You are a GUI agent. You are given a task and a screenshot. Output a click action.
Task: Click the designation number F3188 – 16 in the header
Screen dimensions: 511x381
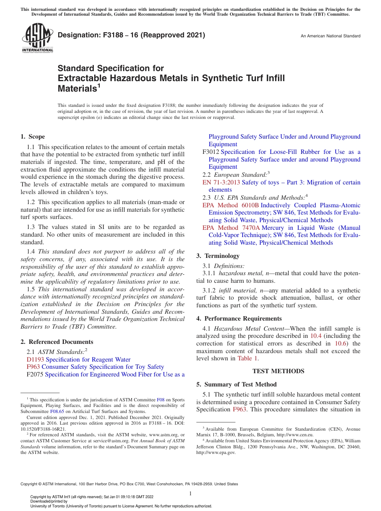coord(132,35)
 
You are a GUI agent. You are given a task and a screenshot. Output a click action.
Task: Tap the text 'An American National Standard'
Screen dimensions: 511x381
coord(330,36)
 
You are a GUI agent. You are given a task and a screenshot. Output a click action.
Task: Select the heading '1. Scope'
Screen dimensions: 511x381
coord(33,137)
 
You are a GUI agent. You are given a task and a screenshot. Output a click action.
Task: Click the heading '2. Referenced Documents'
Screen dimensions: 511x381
coord(57,342)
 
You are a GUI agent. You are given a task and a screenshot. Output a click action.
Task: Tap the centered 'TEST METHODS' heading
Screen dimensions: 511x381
coord(278,371)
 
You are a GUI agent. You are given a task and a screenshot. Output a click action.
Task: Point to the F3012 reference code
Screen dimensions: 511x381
coord(211,152)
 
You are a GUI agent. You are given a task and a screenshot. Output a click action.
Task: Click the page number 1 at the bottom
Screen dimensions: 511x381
coord(190,494)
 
